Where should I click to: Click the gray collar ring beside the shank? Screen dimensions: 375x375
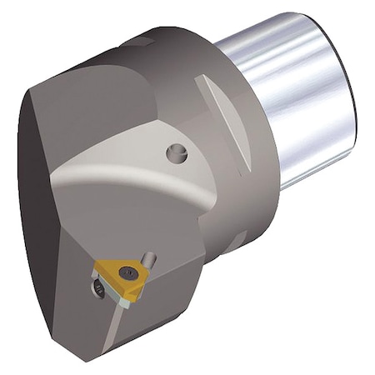point(250,167)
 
